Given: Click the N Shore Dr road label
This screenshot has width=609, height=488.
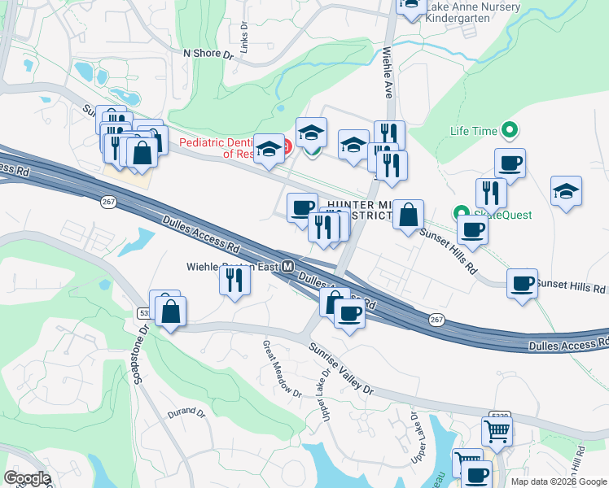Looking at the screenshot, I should pyautogui.click(x=208, y=54).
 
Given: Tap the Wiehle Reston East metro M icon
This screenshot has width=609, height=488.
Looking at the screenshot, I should pyautogui.click(x=287, y=267).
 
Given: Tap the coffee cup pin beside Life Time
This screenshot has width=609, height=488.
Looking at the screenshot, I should pyautogui.click(x=510, y=163).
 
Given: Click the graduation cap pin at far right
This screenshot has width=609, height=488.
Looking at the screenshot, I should pyautogui.click(x=566, y=192).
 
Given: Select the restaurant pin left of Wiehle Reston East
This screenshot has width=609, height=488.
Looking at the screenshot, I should pyautogui.click(x=234, y=281).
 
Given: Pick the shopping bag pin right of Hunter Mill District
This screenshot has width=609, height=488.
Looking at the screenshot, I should pyautogui.click(x=408, y=216).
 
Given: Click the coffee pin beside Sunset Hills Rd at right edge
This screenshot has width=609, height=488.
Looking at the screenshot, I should pyautogui.click(x=522, y=284).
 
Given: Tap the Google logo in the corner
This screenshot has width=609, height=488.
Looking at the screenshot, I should pyautogui.click(x=28, y=478).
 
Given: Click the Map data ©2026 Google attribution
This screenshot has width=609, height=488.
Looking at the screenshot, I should pyautogui.click(x=559, y=481).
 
